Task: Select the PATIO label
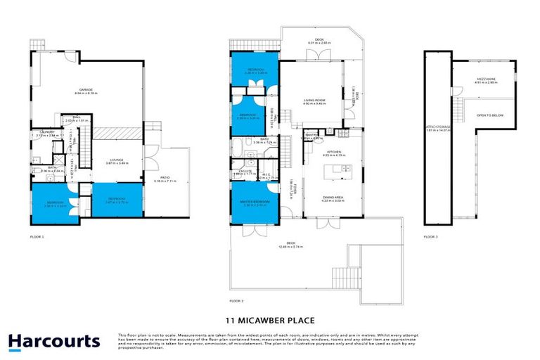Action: coord(163,178)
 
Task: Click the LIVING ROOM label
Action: coord(314,101)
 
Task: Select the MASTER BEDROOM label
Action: coord(251,202)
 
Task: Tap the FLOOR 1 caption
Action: coord(37,237)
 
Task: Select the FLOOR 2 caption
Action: coord(236,300)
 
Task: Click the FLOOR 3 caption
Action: coord(430,237)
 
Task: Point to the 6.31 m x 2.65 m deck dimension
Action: coord(319,42)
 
